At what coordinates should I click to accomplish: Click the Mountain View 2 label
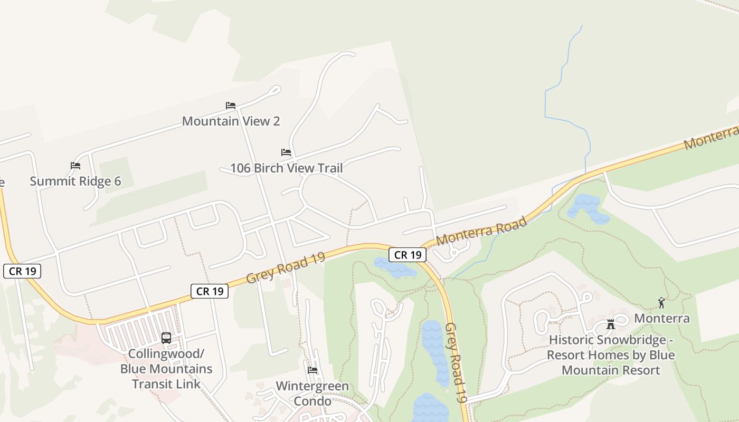point(231,121)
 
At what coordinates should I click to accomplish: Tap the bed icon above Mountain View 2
point(231,105)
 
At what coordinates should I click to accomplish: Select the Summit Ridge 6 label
point(75,181)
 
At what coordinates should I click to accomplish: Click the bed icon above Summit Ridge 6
point(75,166)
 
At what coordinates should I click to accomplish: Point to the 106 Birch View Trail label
point(286,168)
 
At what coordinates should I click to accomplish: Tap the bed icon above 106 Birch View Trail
point(286,152)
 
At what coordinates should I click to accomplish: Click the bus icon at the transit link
point(166,338)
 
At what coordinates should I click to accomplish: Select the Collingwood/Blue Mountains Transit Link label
point(166,368)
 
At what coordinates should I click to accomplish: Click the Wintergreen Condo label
point(312,394)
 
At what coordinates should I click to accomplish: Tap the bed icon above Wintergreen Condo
point(312,370)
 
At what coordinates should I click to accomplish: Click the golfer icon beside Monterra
point(661,303)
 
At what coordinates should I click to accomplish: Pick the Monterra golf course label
point(661,318)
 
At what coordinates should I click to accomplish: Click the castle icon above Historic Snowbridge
point(611,324)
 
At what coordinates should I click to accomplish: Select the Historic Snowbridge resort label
point(611,354)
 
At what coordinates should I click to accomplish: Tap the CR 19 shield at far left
point(22,271)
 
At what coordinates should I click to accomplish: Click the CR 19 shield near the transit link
point(210,291)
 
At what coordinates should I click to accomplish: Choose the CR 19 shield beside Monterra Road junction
point(408,255)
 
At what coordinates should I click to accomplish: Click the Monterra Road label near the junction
point(481,231)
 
